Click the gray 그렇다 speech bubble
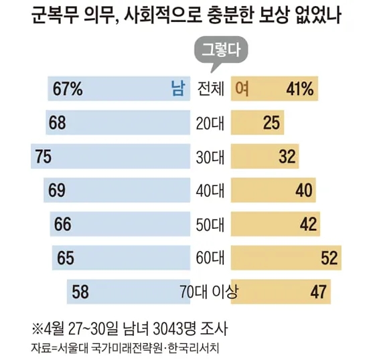[x=221, y=50]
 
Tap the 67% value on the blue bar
[x=68, y=89]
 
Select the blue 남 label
[x=178, y=88]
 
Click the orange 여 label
[x=242, y=88]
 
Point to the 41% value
[x=300, y=89]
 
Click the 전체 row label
[x=210, y=89]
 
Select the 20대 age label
[x=210, y=123]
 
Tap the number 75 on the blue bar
[x=44, y=157]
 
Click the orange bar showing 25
[x=257, y=122]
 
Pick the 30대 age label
[x=210, y=157]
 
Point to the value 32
[x=287, y=157]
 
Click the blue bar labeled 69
[x=117, y=190]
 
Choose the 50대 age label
[x=210, y=224]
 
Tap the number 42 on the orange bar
[x=308, y=224]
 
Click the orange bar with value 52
[x=286, y=258]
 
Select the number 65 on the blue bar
[x=66, y=258]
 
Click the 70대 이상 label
[x=209, y=292]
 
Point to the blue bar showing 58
[x=129, y=292]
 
